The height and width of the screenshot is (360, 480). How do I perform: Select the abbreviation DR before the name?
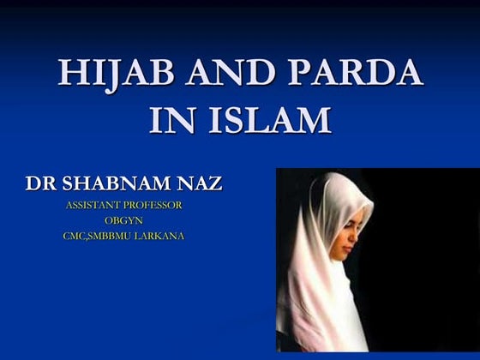tap(42, 183)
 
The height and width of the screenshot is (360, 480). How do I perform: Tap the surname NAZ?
tap(199, 183)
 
